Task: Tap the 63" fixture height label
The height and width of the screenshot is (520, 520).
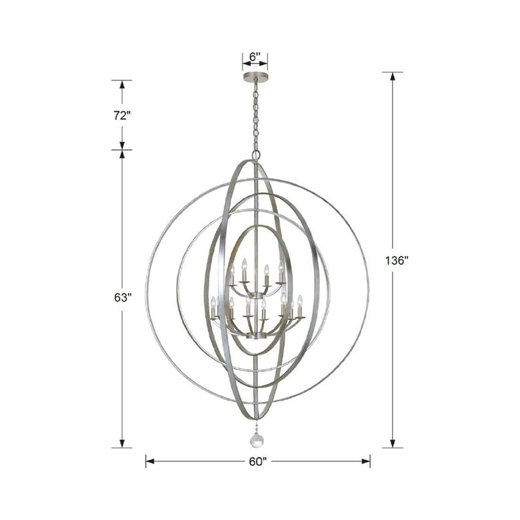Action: coord(121,298)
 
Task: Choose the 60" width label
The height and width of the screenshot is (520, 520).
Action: coord(258,462)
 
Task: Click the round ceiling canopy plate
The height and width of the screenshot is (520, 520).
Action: coord(255,76)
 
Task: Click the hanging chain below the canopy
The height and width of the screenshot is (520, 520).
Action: coord(256,113)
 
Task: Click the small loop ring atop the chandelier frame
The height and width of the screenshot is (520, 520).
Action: coord(256,155)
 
